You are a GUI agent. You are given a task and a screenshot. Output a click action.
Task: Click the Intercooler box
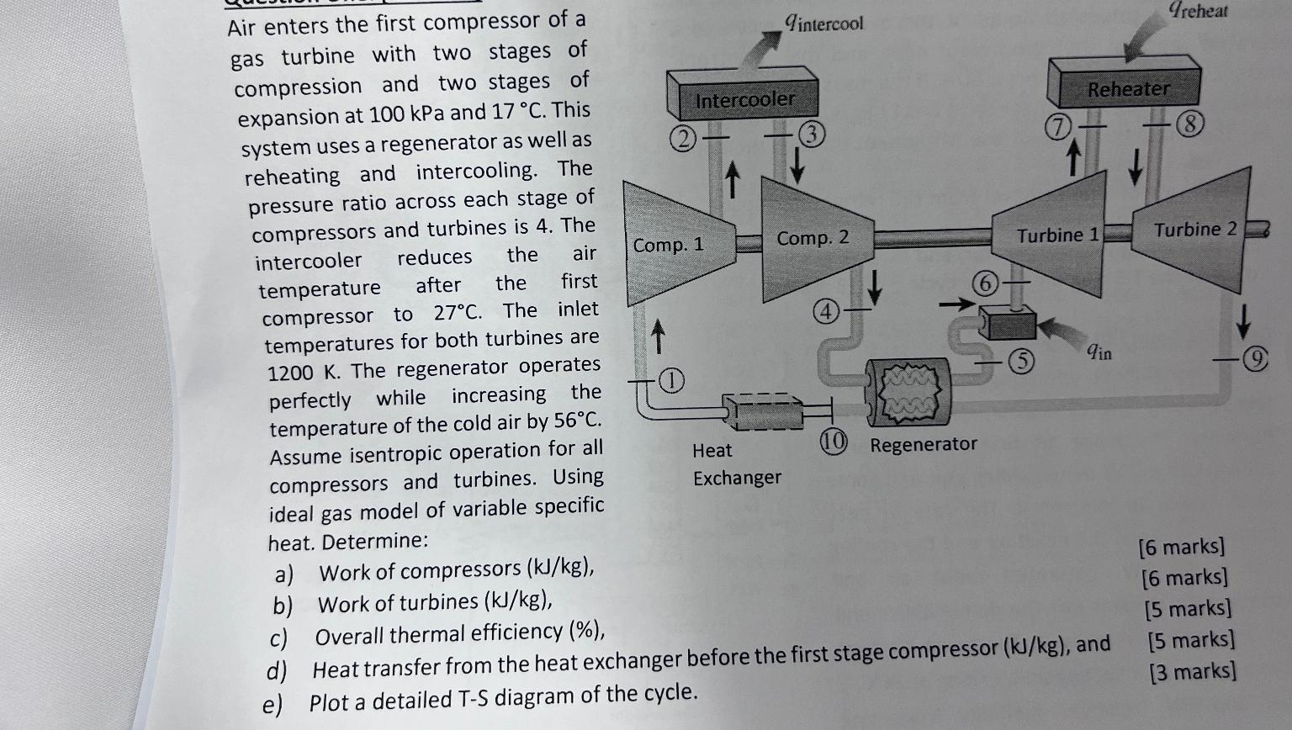pyautogui.click(x=744, y=98)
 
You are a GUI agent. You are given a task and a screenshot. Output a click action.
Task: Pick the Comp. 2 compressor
pyautogui.click(x=812, y=239)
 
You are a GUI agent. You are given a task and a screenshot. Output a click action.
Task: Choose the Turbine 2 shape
pyautogui.click(x=1194, y=230)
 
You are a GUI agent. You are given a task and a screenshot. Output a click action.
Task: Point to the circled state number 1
pyautogui.click(x=670, y=381)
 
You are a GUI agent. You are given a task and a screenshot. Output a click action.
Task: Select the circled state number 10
pyautogui.click(x=833, y=442)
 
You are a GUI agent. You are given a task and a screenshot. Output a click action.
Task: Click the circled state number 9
pyautogui.click(x=1256, y=360)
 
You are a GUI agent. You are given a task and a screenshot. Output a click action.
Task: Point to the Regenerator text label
pyautogui.click(x=923, y=444)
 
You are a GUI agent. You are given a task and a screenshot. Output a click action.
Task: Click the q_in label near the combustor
pyautogui.click(x=1099, y=352)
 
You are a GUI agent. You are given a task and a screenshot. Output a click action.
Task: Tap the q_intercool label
pyautogui.click(x=823, y=23)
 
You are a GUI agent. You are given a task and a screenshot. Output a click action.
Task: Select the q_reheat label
pyautogui.click(x=1198, y=11)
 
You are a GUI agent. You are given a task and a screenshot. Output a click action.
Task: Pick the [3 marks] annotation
pyautogui.click(x=1192, y=672)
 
